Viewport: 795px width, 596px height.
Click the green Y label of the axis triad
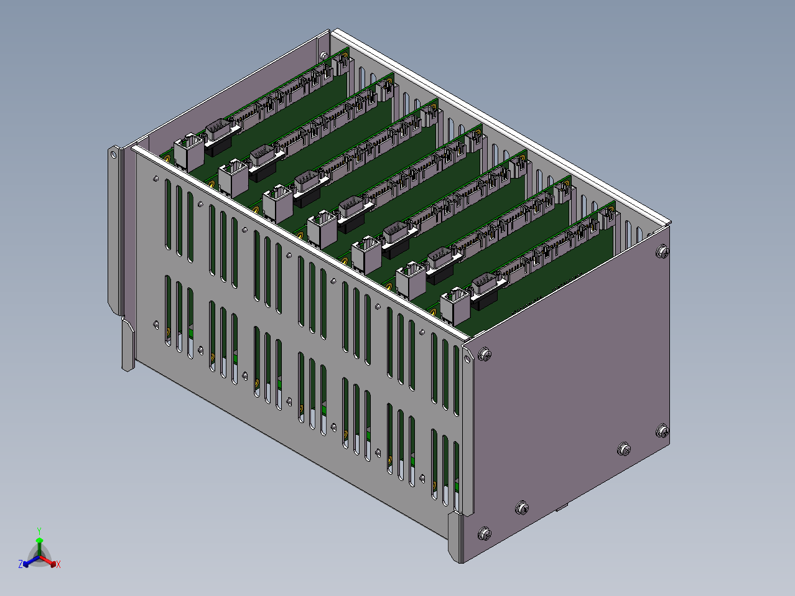(39, 531)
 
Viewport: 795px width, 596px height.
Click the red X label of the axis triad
(58, 564)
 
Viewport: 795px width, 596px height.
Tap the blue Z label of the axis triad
(21, 564)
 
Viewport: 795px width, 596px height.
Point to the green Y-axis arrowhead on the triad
(39, 540)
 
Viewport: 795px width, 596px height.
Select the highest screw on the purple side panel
(662, 251)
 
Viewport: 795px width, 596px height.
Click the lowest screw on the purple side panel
(485, 533)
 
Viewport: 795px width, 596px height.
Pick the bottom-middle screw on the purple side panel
(521, 508)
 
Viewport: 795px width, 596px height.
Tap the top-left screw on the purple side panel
(485, 354)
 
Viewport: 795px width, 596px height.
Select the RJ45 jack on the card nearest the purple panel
(455, 305)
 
